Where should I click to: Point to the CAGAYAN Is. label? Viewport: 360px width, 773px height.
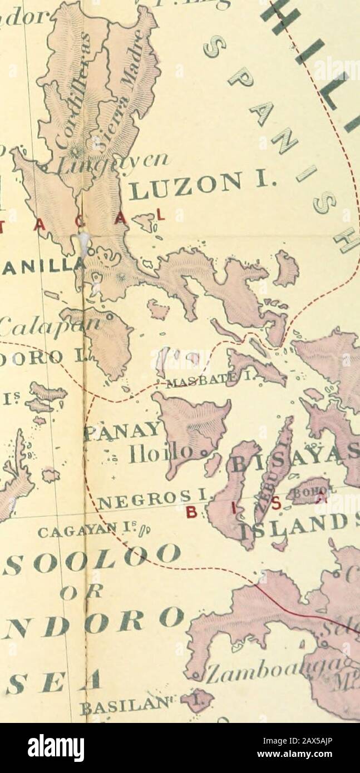pyautogui.click(x=111, y=531)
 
